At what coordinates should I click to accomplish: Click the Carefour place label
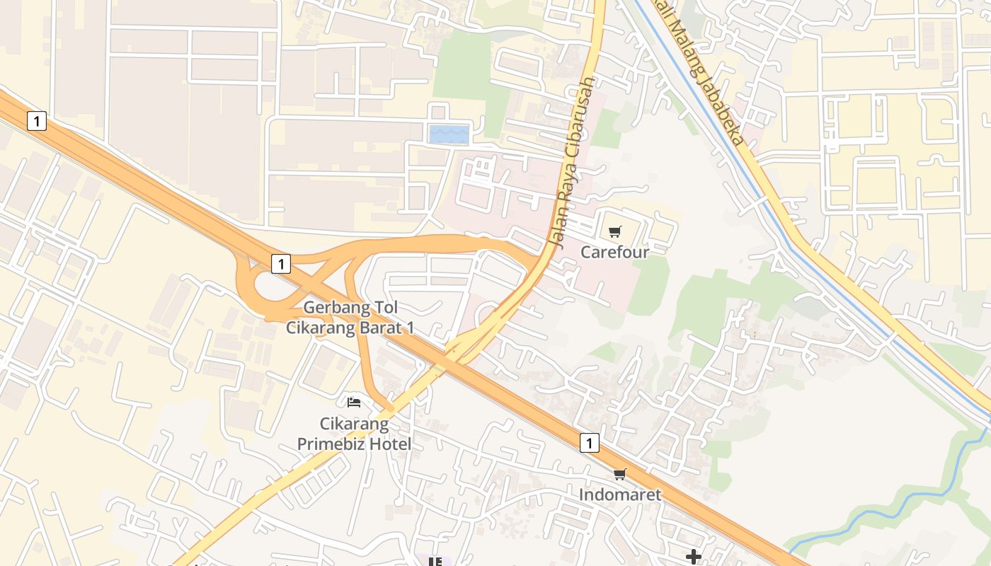[614, 252]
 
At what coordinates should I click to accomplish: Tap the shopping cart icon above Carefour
[614, 231]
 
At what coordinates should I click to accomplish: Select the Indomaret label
[620, 495]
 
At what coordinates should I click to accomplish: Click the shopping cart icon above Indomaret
[620, 474]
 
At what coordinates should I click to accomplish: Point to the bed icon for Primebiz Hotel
[354, 403]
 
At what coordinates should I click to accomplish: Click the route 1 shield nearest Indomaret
[589, 443]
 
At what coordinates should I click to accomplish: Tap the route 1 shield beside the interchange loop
[281, 264]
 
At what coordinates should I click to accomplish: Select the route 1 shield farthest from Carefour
[37, 121]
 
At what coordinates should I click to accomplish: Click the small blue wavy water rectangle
[449, 134]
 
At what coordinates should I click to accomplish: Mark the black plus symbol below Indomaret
[694, 558]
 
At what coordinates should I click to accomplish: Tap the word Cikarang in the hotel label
[354, 424]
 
